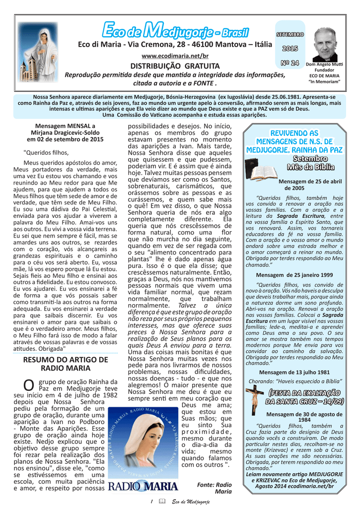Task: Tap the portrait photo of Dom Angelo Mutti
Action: coord(326,45)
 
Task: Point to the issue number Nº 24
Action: coord(290,63)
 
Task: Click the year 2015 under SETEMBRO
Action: coord(290,48)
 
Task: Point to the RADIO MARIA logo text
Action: coord(143,487)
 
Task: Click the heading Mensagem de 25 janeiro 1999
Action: coord(294,274)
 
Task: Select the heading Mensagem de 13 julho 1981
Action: coord(294,372)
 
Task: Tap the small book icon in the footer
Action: coord(161,502)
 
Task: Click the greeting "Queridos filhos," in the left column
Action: coord(46,152)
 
